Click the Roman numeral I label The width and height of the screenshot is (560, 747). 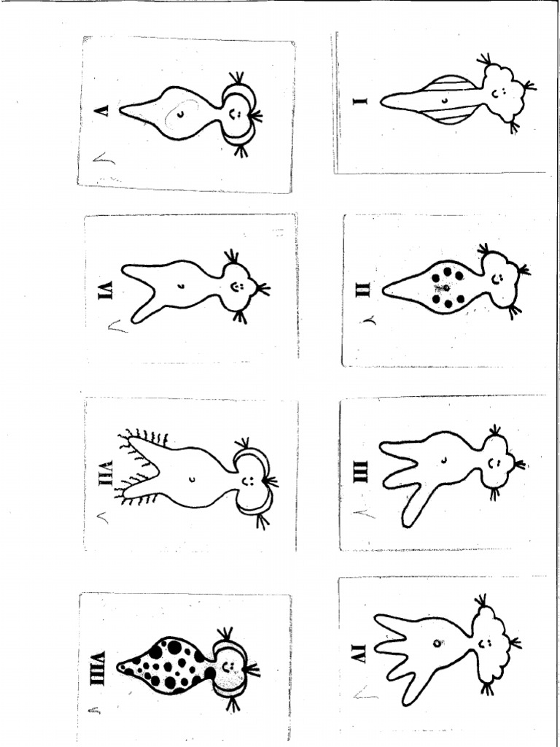point(361,101)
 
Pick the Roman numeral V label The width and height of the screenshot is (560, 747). point(102,110)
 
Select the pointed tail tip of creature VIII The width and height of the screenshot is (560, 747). point(120,665)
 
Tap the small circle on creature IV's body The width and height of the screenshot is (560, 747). point(436,643)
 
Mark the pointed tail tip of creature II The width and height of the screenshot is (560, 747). point(385,290)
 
